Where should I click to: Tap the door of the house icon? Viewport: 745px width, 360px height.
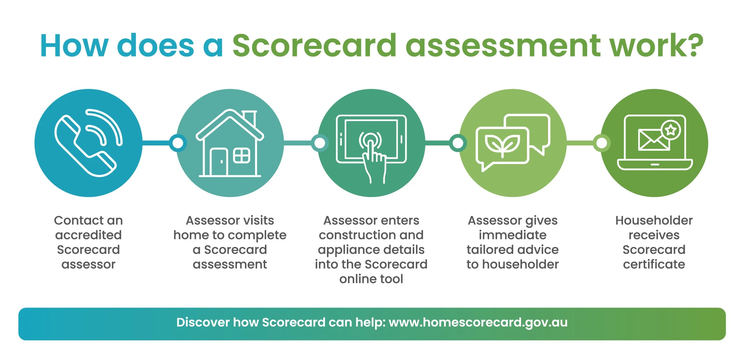219,162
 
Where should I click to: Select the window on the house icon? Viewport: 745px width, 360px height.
241,156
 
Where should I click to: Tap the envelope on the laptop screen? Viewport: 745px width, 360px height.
653,140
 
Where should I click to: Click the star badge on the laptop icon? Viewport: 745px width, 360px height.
670,130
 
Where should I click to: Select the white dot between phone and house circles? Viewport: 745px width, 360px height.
178,143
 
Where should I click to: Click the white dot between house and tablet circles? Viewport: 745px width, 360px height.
320,143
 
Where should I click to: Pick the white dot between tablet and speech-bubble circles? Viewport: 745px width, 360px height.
458,143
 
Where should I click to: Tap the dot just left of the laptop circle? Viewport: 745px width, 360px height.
602,143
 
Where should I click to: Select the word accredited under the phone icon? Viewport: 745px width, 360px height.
89,235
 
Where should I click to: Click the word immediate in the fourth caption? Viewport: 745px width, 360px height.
513,235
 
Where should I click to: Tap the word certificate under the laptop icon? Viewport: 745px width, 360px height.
654,264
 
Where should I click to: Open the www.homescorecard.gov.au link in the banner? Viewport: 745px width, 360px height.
478,322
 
